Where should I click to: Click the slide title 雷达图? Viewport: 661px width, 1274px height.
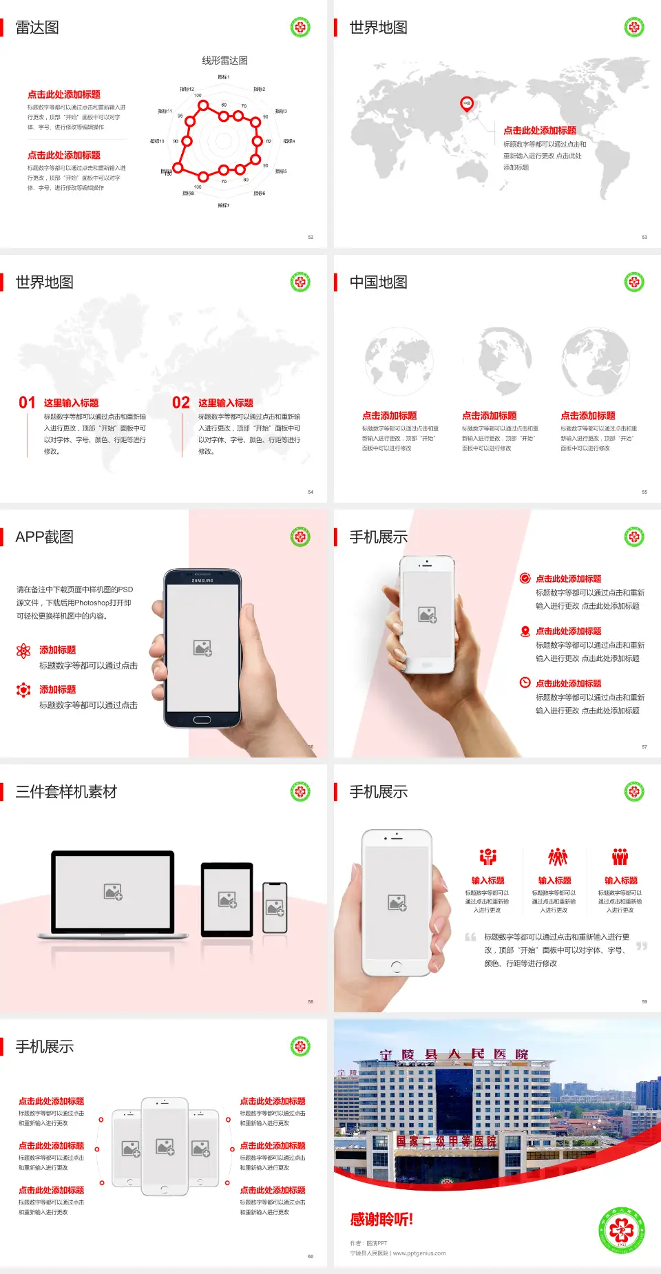[37, 28]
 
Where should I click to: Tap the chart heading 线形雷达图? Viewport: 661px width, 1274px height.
[224, 61]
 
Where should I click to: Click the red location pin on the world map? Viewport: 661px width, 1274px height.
[467, 104]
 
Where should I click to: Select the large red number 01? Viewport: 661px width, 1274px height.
[27, 403]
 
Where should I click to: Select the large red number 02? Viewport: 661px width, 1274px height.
[181, 403]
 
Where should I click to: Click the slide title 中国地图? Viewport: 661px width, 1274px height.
[378, 282]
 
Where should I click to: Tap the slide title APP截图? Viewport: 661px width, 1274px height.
[44, 537]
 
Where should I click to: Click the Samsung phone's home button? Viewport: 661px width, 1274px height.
[202, 720]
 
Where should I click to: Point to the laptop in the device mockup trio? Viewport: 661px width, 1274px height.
[113, 894]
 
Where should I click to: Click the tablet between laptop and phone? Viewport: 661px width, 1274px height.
[227, 899]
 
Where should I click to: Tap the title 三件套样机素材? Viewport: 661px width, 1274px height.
[66, 792]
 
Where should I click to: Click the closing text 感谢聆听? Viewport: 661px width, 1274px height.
[381, 1220]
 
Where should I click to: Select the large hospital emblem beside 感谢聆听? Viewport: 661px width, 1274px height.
[622, 1230]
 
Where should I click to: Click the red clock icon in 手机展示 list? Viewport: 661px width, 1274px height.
[525, 682]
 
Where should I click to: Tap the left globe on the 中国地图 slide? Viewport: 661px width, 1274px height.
[399, 362]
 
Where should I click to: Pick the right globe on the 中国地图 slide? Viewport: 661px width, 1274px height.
[596, 362]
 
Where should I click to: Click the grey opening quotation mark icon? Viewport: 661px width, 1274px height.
[470, 937]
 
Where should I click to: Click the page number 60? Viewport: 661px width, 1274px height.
[311, 1257]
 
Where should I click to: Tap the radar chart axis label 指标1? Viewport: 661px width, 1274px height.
[224, 77]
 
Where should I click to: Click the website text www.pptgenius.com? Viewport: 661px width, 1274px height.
[419, 1253]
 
